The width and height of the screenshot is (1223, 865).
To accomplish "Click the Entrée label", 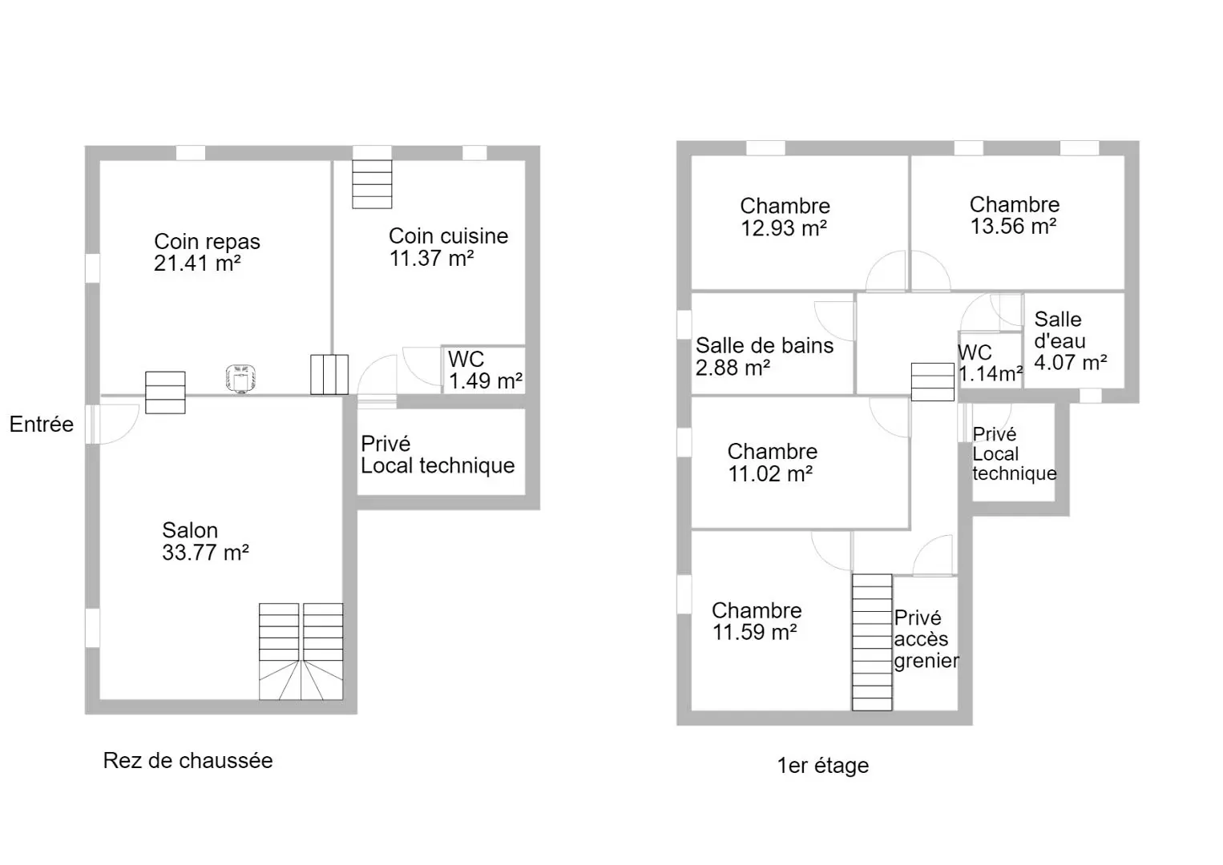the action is [42, 424].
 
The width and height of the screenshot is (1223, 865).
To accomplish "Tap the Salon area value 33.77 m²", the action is [205, 553].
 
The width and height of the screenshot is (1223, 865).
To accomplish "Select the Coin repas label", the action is [207, 241].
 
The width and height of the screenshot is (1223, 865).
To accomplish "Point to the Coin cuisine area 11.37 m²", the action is [431, 258].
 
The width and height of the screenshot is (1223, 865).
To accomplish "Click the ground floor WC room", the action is [484, 369].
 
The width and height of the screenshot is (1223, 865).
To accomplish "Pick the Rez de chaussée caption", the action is [188, 760].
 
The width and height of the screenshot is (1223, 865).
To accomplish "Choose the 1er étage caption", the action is [823, 765].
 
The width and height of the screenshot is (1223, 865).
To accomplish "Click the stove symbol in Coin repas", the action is [240, 378].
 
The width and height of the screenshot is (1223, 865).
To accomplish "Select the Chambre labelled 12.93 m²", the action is [785, 217].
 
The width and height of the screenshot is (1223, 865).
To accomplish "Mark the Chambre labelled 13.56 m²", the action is [1015, 215].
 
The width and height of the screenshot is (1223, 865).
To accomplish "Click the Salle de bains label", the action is [765, 345].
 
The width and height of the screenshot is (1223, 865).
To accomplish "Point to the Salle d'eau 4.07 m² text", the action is [1070, 340].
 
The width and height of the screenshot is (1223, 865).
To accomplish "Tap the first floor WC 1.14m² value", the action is [991, 374].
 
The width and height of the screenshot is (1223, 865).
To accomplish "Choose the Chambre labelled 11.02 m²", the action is [772, 462].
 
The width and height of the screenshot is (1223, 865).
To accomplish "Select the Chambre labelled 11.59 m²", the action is [757, 621].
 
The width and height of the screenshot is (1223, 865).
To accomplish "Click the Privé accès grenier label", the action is [926, 639].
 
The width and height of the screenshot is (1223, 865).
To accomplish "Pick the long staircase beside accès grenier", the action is [872, 642].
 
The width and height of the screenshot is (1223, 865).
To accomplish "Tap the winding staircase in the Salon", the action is [301, 652].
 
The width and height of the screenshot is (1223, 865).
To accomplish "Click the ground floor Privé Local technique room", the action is [441, 453].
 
